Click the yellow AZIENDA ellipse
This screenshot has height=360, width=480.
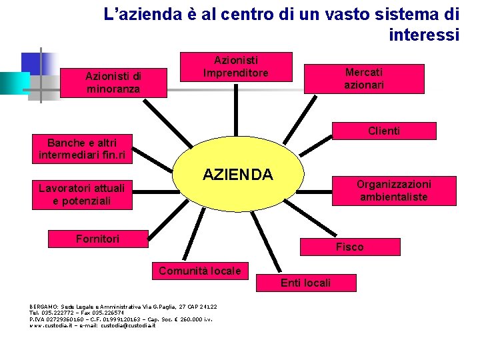pos(238,175)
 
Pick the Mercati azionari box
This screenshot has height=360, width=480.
pos(364,78)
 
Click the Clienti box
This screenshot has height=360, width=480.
pos(384,131)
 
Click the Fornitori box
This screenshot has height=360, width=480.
pos(98,239)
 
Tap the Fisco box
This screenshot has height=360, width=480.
pos(349,247)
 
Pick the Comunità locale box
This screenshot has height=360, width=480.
pos(200,270)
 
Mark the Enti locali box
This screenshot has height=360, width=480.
pos(305,283)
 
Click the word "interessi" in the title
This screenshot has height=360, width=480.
pos(424,35)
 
